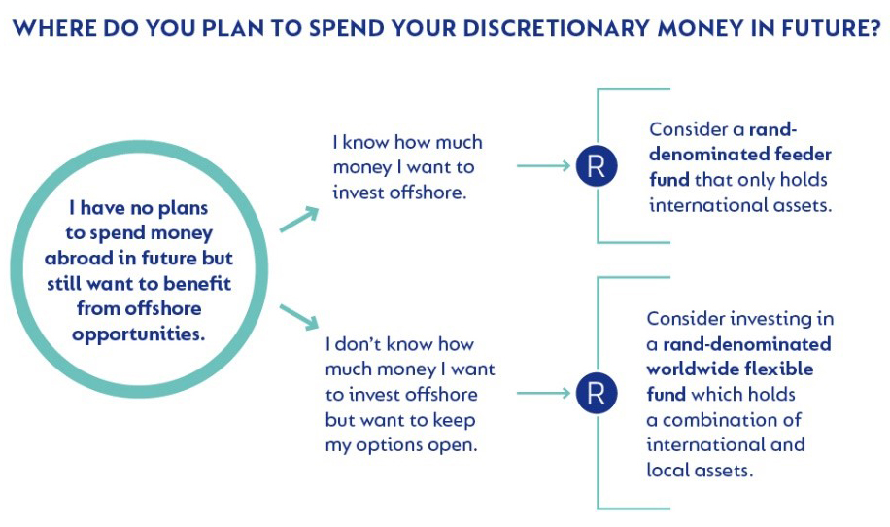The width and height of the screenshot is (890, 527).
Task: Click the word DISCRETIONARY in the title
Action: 555,28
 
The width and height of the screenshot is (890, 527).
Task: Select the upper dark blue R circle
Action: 597,166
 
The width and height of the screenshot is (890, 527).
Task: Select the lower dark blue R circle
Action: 597,393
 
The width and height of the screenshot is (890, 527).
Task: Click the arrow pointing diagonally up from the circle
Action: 299,220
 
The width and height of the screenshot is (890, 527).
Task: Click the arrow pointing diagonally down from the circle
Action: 299,317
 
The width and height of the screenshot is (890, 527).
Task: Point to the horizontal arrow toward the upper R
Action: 543,166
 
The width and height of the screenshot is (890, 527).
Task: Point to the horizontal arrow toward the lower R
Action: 543,393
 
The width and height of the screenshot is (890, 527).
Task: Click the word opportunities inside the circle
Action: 138,334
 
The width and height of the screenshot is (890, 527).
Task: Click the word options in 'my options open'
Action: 390,445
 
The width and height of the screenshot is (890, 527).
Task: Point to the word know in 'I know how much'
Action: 366,142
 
